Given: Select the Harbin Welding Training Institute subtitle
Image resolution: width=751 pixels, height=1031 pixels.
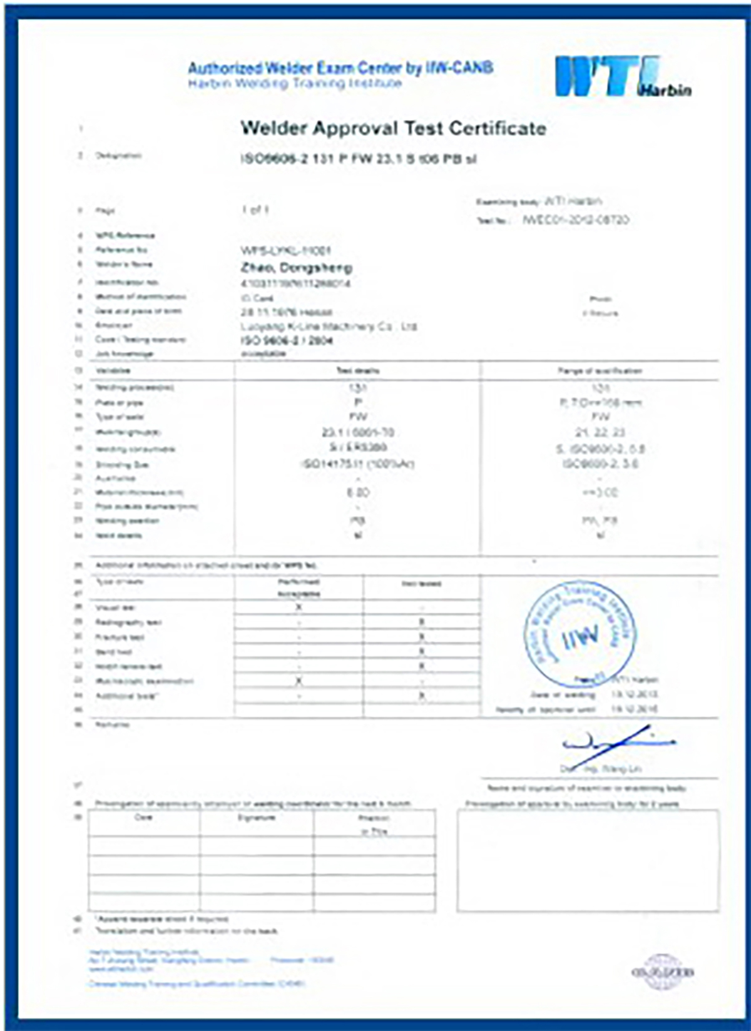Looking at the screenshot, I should [x=295, y=83].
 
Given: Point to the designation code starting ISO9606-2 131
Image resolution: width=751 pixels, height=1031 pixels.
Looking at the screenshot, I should [x=359, y=159].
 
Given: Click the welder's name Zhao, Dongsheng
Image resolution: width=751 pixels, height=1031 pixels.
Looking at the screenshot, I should [x=296, y=267].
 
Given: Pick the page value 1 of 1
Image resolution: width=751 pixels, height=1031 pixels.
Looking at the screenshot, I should [x=255, y=210].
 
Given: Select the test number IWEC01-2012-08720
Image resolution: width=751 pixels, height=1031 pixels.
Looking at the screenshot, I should [x=575, y=220].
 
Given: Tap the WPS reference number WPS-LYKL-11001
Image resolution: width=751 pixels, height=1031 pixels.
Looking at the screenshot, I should [x=285, y=250].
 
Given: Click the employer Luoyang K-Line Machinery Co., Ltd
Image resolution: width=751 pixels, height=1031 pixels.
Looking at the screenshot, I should [x=329, y=327].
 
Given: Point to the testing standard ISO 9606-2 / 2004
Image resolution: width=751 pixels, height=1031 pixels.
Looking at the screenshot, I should [x=287, y=340].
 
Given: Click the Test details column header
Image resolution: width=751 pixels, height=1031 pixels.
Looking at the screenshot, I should [x=357, y=371].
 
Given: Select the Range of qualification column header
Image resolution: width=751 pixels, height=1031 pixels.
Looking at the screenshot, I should [x=599, y=371].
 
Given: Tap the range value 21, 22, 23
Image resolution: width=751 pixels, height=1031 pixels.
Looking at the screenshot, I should [x=600, y=432].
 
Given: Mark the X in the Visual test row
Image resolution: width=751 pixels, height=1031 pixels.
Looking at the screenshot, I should [x=299, y=607].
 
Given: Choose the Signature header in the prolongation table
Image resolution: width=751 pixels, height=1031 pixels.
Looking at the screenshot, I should [x=257, y=818].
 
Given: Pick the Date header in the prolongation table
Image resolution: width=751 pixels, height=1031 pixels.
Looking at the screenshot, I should [x=143, y=818].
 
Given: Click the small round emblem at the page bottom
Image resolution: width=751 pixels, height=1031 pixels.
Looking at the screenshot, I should [x=663, y=972].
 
